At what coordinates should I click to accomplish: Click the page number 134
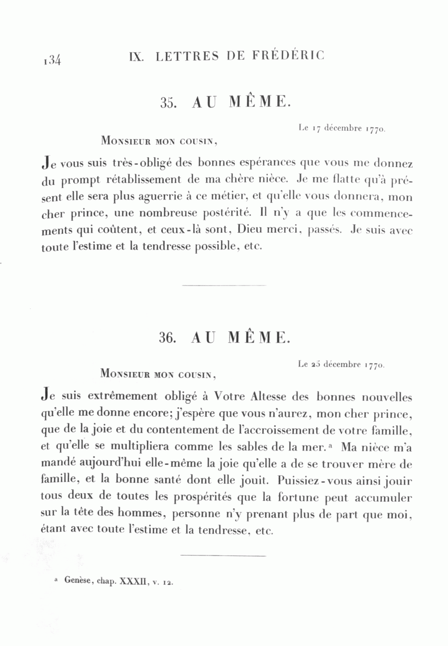[52, 60]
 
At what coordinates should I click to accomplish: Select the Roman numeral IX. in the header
[136, 56]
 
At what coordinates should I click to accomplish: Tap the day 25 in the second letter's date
[316, 365]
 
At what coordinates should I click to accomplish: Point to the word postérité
[225, 214]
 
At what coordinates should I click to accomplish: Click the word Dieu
[250, 230]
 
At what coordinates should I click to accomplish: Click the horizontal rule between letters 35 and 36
[224, 285]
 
